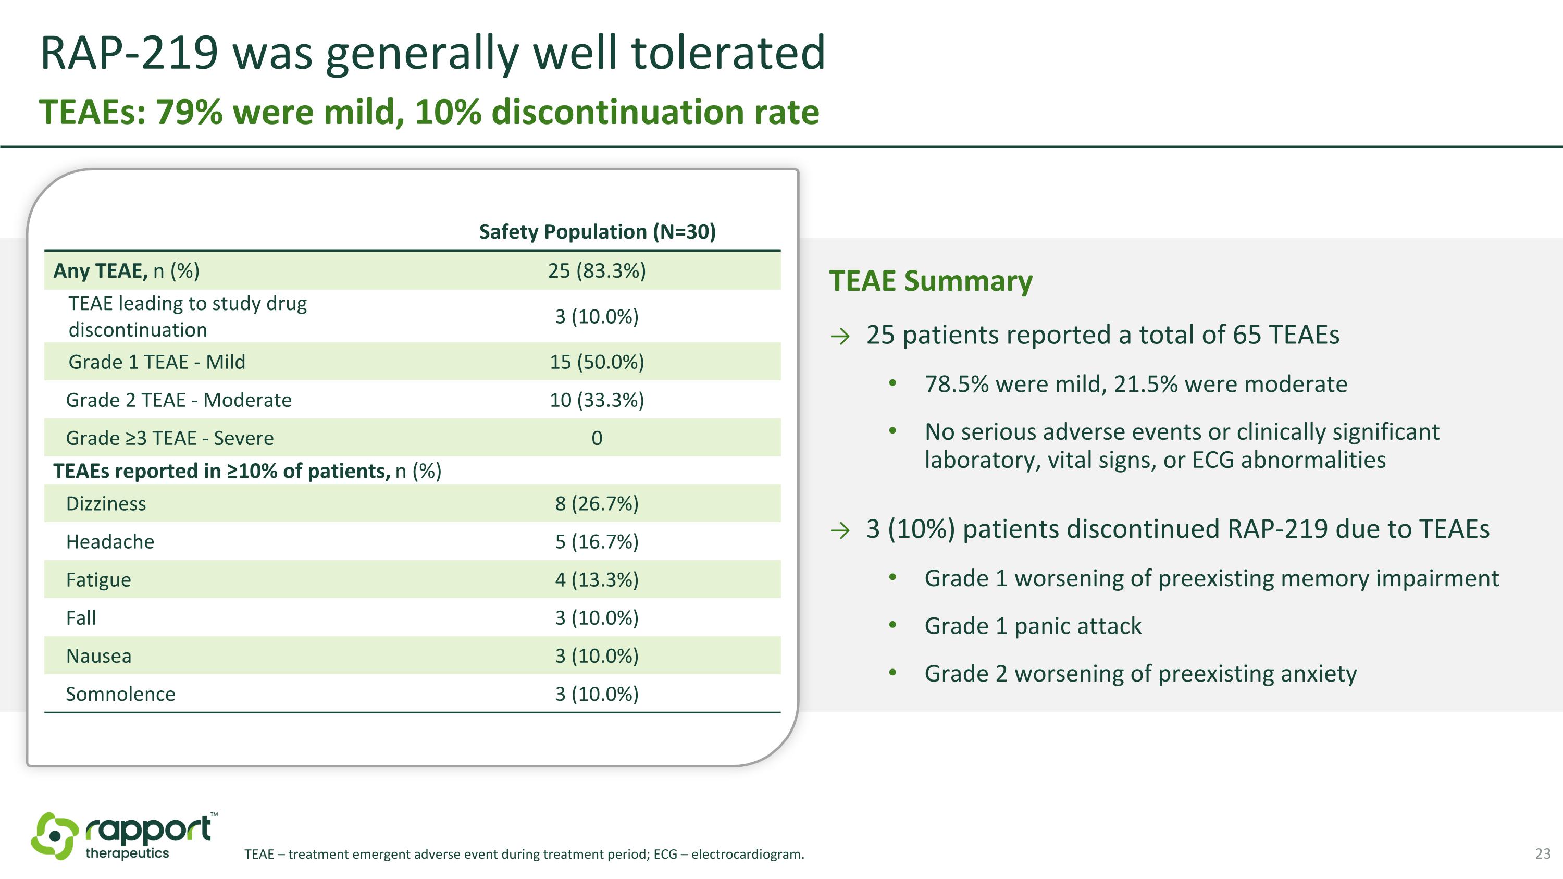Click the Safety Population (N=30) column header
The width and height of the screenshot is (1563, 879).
[597, 232]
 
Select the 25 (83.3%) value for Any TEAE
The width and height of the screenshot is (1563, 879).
[597, 270]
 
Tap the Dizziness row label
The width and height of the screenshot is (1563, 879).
[106, 503]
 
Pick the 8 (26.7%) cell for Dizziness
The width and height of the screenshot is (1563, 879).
[597, 503]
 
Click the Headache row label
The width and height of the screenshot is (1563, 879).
[110, 542]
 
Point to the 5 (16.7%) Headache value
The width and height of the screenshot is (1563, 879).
[597, 542]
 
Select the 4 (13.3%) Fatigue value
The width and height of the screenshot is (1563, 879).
[597, 580]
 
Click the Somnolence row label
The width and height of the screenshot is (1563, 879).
[120, 694]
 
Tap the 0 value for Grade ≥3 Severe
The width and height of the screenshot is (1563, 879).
[597, 438]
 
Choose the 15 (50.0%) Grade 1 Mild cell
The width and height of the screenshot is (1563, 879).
[597, 362]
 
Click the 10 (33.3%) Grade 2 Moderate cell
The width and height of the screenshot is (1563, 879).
[597, 400]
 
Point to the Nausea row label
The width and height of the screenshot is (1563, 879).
[98, 656]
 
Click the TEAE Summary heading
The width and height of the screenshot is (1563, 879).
[931, 281]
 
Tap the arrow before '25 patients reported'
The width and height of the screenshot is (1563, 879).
[840, 336]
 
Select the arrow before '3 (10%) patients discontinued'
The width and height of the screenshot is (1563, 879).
[840, 531]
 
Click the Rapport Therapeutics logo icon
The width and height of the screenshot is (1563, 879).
[55, 836]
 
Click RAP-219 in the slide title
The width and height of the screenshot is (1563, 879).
[129, 53]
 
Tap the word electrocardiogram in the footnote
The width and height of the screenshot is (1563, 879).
[747, 854]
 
